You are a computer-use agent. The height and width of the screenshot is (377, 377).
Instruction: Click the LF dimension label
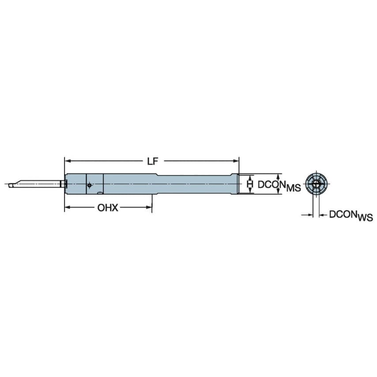click(152, 162)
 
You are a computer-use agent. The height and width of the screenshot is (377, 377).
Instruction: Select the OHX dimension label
click(108, 208)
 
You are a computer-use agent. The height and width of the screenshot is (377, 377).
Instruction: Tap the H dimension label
click(250, 184)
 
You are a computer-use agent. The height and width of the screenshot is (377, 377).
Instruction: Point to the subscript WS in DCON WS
click(363, 218)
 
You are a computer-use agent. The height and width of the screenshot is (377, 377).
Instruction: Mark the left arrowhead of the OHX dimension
click(67, 208)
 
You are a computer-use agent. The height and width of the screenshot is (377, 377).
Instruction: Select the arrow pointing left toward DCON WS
click(321, 215)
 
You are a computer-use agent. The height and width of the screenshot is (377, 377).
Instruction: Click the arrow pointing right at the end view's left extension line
click(310, 215)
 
